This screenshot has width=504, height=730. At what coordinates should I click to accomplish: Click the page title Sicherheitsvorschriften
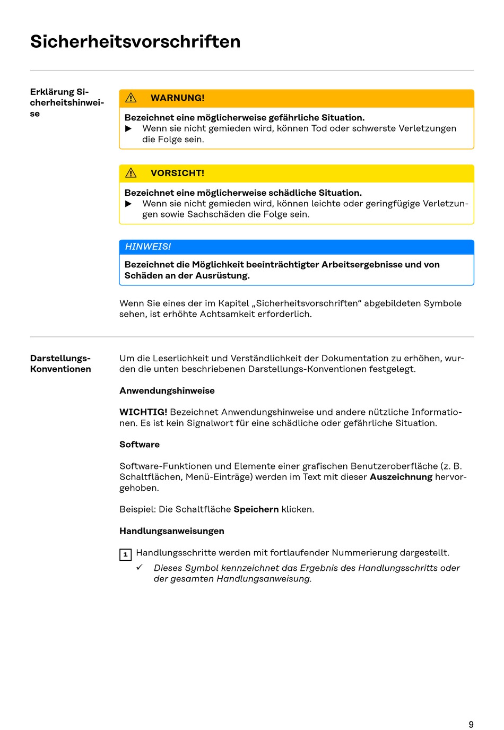[135, 41]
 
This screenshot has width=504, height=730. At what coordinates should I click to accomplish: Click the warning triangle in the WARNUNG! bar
[131, 98]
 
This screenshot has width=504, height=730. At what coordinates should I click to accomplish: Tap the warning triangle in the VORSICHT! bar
[131, 173]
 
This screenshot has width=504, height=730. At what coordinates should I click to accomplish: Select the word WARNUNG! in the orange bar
[177, 98]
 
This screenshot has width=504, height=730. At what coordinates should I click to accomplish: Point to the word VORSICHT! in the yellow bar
[177, 173]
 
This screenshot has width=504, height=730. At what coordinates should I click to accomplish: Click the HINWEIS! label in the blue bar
[148, 247]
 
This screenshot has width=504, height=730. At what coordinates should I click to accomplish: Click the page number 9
[471, 724]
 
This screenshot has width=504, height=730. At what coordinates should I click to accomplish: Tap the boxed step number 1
[125, 555]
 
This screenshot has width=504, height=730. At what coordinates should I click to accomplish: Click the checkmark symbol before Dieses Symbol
[140, 567]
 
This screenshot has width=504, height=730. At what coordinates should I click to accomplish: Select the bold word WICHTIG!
[143, 412]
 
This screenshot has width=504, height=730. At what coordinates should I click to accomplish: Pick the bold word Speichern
[256, 509]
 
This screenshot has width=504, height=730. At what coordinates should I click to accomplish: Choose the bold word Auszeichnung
[401, 477]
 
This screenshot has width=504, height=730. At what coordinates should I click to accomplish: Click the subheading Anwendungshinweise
[167, 391]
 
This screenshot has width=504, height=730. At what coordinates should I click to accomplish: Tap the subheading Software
[140, 445]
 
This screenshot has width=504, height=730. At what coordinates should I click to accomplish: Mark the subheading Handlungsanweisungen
[172, 531]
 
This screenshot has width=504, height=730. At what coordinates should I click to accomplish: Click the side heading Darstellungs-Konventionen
[60, 364]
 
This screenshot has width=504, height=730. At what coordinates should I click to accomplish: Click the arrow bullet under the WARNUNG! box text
[128, 129]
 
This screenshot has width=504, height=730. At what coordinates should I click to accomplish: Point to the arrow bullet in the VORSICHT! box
[128, 204]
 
